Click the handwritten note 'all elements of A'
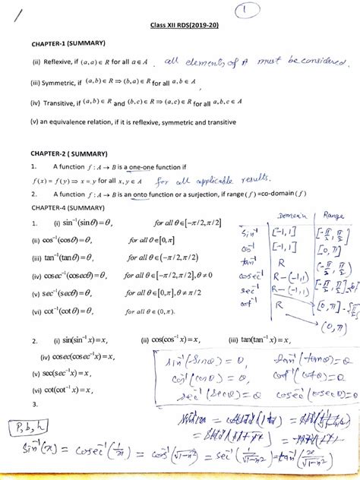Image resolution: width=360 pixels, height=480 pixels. (x=207, y=63)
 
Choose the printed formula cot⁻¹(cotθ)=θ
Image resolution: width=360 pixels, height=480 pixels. (x=71, y=310)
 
